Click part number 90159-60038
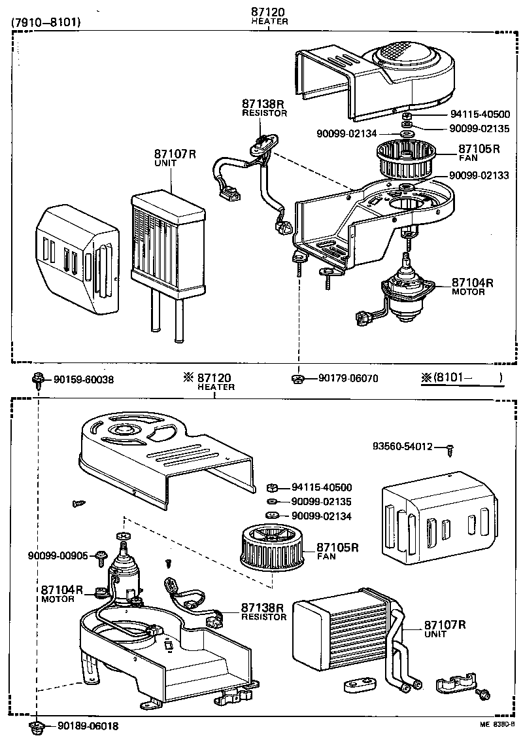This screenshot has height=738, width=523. coord(83,379)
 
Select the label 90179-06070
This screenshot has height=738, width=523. coord(348,378)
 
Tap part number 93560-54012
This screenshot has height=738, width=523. coord(403,446)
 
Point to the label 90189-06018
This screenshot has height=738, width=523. coord(88,726)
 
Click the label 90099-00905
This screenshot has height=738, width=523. coord(58,555)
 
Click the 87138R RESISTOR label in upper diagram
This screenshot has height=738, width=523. coord(264,107)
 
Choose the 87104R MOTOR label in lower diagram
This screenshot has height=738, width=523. coord(62,594)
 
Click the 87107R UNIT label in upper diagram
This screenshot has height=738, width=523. coord(175,158)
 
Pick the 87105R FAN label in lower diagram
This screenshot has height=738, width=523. coord(338,551)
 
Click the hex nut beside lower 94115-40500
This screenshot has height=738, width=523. coord(274,487)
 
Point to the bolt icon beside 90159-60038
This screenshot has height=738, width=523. coord(38,379)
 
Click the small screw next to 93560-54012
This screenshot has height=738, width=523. coord(450,449)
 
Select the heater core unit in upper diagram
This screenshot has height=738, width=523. coord(169,245)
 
